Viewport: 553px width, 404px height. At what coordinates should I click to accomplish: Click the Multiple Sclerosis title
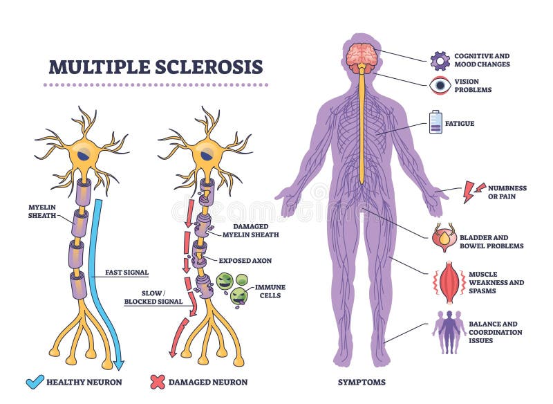pos(156,67)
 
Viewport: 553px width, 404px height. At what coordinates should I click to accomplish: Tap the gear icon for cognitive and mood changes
pos(440,60)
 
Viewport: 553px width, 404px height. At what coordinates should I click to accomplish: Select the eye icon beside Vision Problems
pos(440,86)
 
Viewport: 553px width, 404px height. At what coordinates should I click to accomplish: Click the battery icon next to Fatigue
pos(435,122)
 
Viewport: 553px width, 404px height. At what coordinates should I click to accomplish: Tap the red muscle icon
pos(449,282)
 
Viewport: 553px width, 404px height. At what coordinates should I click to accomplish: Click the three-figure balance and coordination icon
pos(449,331)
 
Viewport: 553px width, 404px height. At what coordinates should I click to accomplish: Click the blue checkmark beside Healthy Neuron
pos(35,380)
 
